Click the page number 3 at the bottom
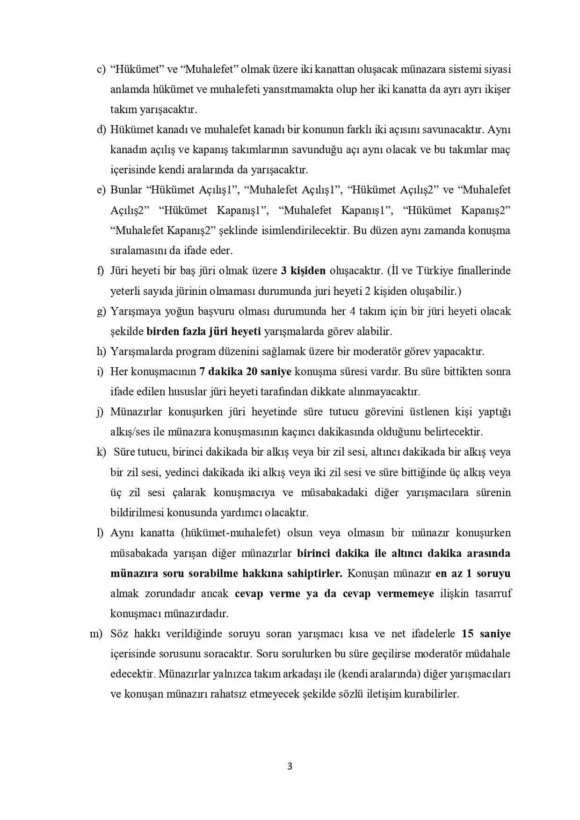(290, 766)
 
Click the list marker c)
(101, 70)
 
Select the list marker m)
(96, 634)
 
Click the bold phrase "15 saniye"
(486, 634)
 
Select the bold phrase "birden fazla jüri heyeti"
(203, 332)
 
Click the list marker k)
(101, 452)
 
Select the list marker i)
(100, 372)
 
